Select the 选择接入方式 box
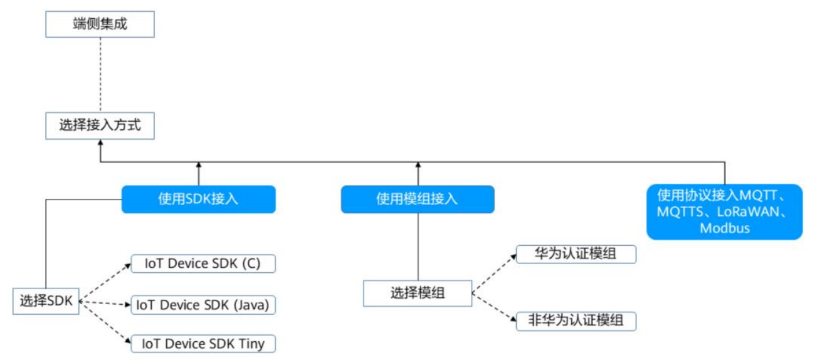tap(100, 125)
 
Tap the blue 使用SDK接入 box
tap(198, 199)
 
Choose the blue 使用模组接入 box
tap(418, 199)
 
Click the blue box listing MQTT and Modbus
tap(724, 211)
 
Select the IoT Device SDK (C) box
tap(203, 263)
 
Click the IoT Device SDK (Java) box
tap(203, 305)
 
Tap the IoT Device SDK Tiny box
tap(203, 343)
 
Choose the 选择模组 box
tap(418, 292)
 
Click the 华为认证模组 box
tap(575, 254)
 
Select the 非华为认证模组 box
tap(575, 320)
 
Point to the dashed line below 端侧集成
tap(100, 75)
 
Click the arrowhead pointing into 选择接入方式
tap(100, 144)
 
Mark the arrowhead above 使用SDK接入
tap(198, 165)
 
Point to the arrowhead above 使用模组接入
tap(418, 165)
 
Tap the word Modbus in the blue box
tap(724, 228)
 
